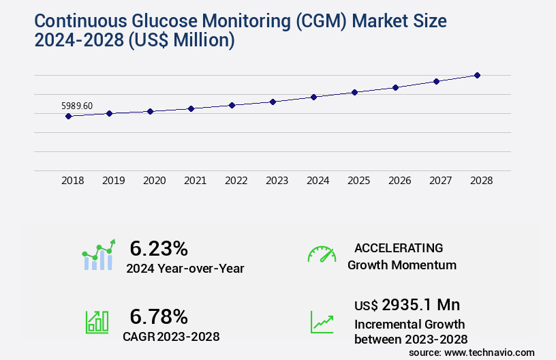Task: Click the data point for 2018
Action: point(68,116)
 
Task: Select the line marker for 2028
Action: point(477,75)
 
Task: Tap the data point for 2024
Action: point(313,97)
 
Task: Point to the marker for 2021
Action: point(191,108)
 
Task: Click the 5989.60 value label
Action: point(77,106)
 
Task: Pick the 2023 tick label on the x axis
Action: point(277,181)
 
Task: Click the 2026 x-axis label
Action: point(399,181)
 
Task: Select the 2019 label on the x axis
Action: point(113,181)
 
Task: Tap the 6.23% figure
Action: point(158,248)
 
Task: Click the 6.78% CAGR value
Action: point(158,316)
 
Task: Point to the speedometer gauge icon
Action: point(322,254)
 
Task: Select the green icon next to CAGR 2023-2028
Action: point(97,322)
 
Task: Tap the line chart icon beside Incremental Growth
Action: point(322,322)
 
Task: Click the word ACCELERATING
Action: point(399,247)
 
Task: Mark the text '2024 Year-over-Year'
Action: point(185,269)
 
